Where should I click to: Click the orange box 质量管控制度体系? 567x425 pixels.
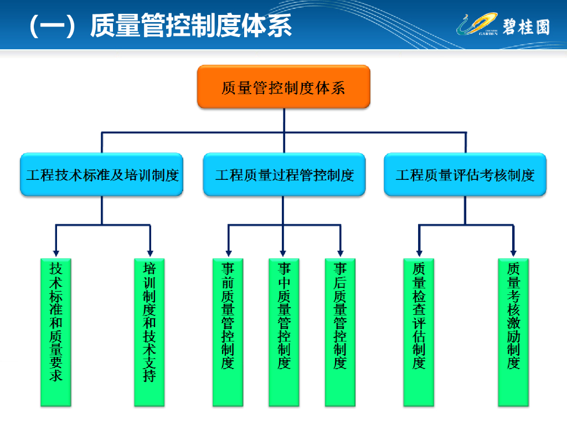[x=283, y=87]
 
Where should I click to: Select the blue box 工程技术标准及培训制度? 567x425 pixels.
[x=102, y=175]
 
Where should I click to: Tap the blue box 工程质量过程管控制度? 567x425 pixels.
[x=284, y=175]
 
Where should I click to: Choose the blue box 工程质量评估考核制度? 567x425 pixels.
[x=465, y=175]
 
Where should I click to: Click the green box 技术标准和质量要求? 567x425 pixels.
[x=56, y=332]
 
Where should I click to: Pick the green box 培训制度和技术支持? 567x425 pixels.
[x=150, y=332]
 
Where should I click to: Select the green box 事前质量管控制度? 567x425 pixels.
[x=228, y=332]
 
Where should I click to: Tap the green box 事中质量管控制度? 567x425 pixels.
[x=284, y=332]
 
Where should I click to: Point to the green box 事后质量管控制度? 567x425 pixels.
[x=340, y=332]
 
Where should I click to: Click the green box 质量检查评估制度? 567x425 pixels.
[x=419, y=332]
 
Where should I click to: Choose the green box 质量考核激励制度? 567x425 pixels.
[x=513, y=332]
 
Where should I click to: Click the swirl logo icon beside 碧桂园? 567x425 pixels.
[x=476, y=25]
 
